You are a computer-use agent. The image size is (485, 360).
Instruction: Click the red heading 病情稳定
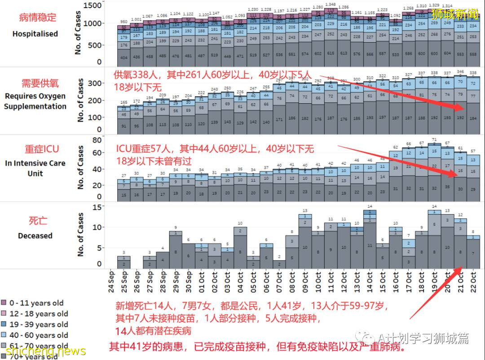(x=38, y=18)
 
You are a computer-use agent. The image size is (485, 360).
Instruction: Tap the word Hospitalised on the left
(x=35, y=34)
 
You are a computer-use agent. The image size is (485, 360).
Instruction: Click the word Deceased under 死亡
(x=35, y=236)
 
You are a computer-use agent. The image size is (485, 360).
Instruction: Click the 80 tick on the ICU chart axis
(x=97, y=140)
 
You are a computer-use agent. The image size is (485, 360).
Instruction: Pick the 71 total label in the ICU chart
(x=434, y=140)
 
